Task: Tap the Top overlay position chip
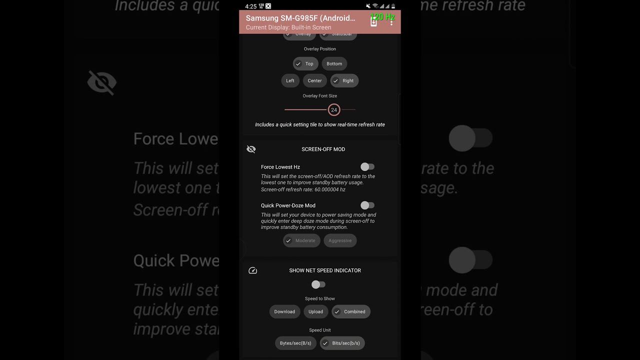click(305, 64)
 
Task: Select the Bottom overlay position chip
click(334, 64)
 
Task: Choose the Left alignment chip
click(290, 81)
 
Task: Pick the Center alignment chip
click(314, 81)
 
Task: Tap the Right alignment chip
click(344, 81)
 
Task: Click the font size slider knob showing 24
click(334, 110)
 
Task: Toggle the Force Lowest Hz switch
click(367, 167)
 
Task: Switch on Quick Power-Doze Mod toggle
click(367, 205)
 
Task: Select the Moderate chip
click(301, 240)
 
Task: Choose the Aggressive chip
click(340, 240)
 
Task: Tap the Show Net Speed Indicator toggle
click(318, 284)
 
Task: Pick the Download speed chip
click(284, 312)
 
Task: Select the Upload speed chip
click(315, 312)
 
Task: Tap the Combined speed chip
click(351, 312)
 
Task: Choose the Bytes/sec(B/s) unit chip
click(295, 343)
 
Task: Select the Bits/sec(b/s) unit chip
click(342, 343)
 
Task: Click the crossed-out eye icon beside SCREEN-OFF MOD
click(251, 149)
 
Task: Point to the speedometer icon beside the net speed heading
click(253, 270)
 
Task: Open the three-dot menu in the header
click(391, 22)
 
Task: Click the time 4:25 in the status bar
click(251, 6)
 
